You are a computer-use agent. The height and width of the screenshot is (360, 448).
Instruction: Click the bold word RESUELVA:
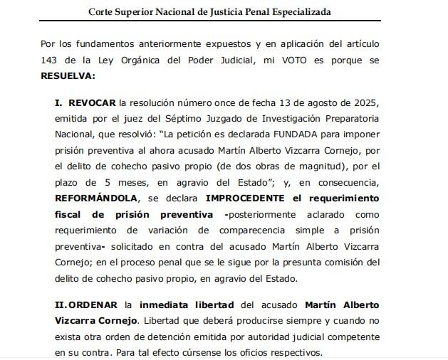[68, 75]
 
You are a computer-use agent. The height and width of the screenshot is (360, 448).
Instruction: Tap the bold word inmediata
[170, 305]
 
